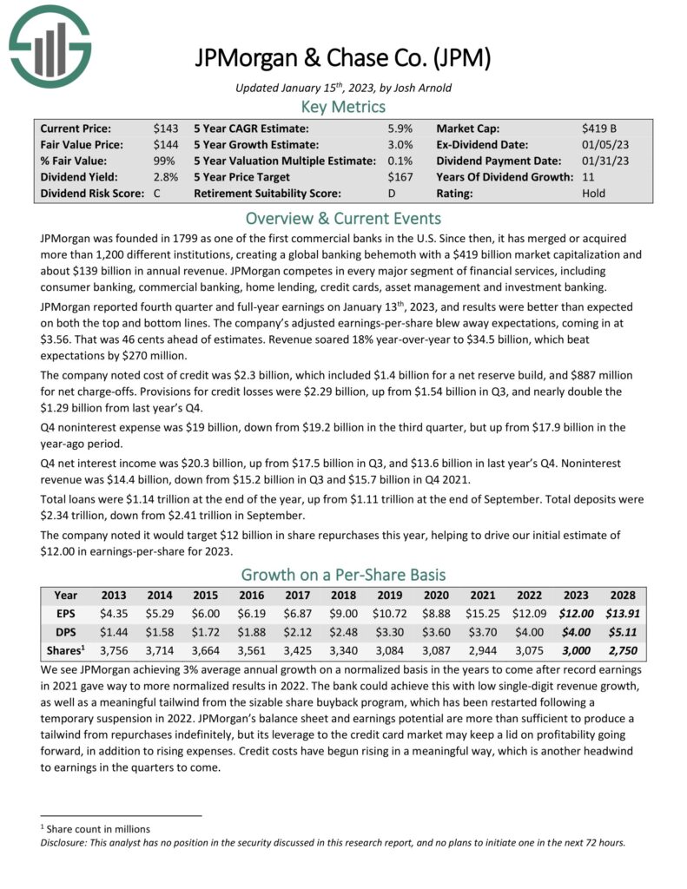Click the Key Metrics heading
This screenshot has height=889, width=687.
coord(343,107)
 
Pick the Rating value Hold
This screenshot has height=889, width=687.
coord(594,194)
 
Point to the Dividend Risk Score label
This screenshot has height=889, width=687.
coord(90,194)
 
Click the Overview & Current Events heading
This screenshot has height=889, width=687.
coord(343,218)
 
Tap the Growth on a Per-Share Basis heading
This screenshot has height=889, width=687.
coord(343,575)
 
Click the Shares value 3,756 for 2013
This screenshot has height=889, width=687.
coord(114,648)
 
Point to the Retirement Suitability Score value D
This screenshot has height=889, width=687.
coord(391,194)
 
